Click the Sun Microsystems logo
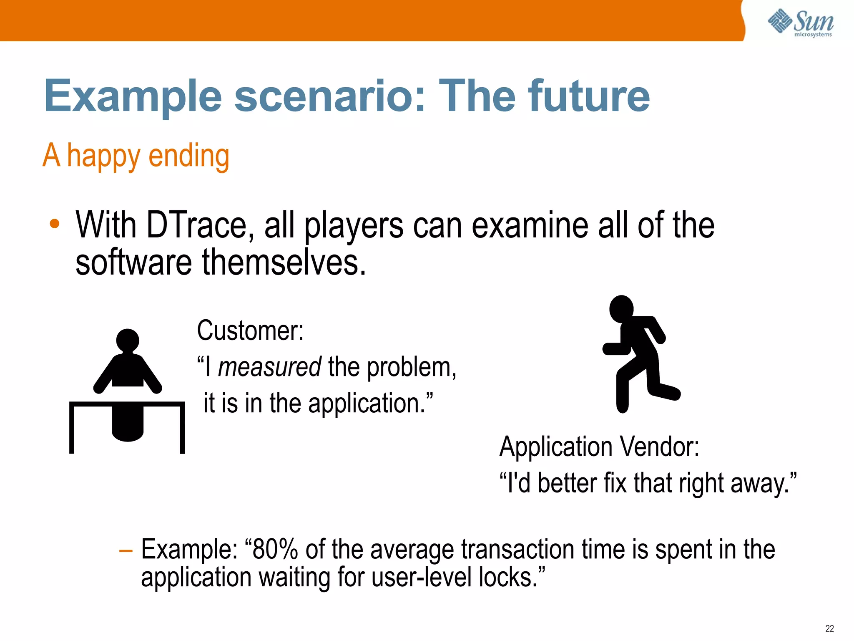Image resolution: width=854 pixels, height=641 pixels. (801, 23)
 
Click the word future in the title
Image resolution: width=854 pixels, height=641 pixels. (588, 97)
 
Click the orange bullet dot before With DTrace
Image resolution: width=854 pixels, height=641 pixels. (54, 224)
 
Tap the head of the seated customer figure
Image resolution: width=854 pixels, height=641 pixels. (128, 340)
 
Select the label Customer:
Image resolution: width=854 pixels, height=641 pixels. (250, 331)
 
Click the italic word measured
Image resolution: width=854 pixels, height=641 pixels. (269, 367)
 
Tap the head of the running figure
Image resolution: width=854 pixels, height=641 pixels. (621, 309)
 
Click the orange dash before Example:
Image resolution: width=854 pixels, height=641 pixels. (126, 551)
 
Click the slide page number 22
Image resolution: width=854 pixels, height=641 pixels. (829, 628)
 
